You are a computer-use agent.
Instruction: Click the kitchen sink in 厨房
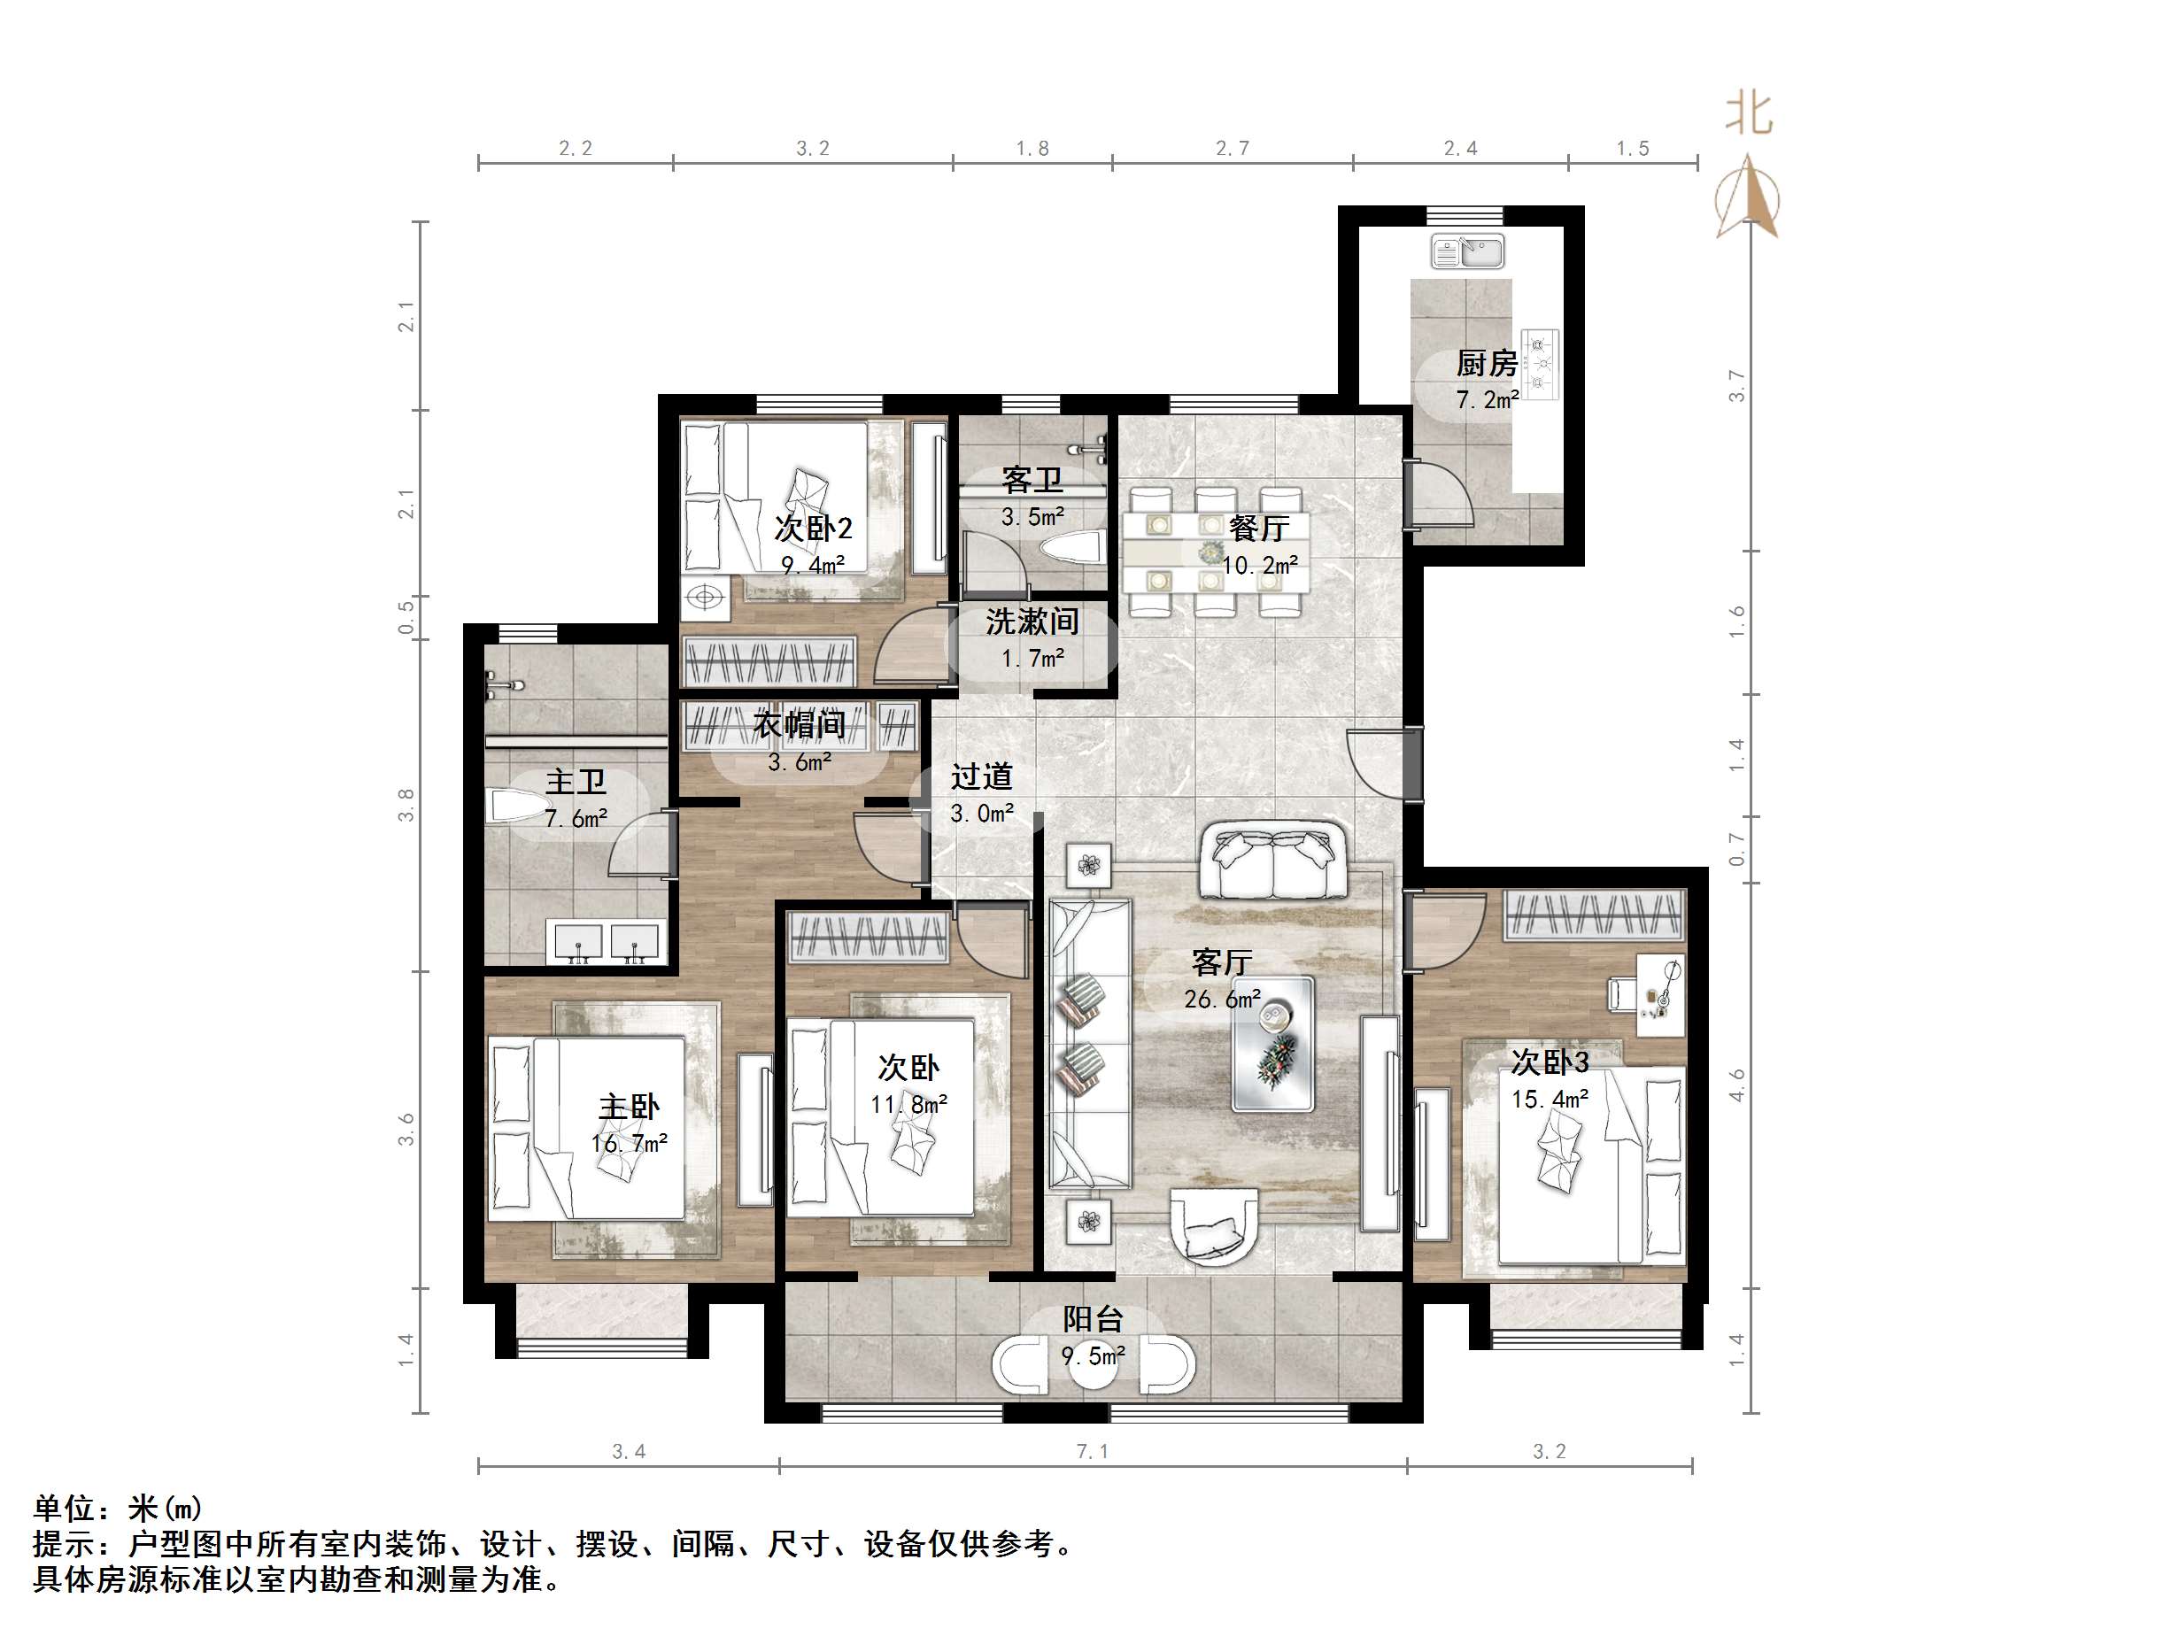click(1467, 251)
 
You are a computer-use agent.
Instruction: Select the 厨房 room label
click(1486, 364)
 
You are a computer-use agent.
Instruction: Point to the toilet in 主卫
click(517, 807)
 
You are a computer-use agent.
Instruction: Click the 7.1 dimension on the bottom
click(1092, 1451)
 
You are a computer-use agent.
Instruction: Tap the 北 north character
click(1749, 114)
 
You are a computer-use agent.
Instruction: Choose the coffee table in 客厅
click(1272, 1043)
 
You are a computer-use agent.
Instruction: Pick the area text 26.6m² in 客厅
click(1222, 1000)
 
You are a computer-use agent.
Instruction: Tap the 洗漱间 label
click(1032, 621)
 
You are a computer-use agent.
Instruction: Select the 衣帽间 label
click(800, 726)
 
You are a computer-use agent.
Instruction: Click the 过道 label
click(981, 776)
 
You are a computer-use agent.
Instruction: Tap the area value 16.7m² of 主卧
click(629, 1143)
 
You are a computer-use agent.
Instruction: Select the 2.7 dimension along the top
click(1232, 148)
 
